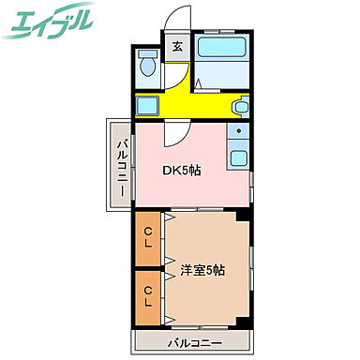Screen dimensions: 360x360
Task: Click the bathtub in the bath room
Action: click(x=225, y=48)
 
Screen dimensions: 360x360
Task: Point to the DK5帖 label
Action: click(x=184, y=170)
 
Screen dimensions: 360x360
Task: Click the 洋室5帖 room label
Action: click(x=202, y=271)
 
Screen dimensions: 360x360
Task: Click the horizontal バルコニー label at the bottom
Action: click(x=195, y=343)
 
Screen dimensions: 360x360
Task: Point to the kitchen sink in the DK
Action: click(x=239, y=157)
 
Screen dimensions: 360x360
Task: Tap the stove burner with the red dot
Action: click(x=239, y=132)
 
